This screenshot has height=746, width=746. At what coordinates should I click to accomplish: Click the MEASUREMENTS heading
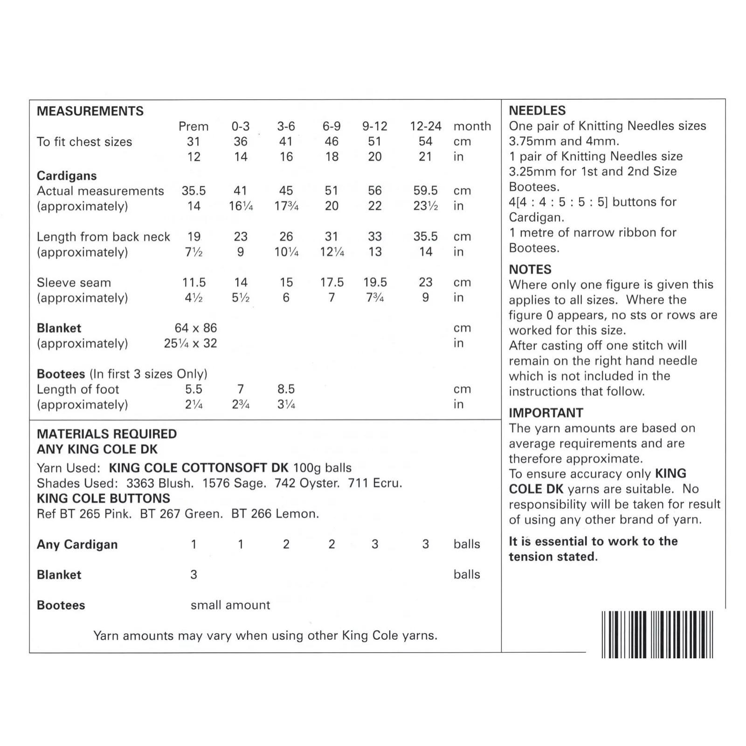(x=90, y=111)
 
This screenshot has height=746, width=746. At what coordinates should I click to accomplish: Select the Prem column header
(x=193, y=126)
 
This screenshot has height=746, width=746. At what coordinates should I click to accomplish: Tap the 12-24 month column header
(x=425, y=126)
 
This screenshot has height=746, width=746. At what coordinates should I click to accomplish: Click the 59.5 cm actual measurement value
(x=425, y=191)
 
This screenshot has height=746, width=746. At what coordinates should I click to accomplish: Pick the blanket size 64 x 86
(x=196, y=328)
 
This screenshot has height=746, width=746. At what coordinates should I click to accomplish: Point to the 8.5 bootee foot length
(x=286, y=389)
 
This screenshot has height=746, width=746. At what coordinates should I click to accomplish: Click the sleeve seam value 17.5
(x=332, y=282)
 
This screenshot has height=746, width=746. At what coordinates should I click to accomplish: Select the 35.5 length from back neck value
(x=425, y=236)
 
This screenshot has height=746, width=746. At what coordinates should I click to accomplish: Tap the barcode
(x=657, y=634)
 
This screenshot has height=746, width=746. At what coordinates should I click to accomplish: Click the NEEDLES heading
(x=537, y=111)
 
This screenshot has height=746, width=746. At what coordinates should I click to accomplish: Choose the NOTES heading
(x=530, y=269)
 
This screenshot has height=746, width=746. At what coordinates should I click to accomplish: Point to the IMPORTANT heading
(x=546, y=413)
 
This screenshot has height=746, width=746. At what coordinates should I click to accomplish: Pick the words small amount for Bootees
(x=230, y=605)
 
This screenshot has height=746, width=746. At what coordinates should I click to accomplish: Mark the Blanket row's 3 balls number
(x=193, y=574)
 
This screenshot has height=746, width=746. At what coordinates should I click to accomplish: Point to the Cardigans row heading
(x=67, y=176)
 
